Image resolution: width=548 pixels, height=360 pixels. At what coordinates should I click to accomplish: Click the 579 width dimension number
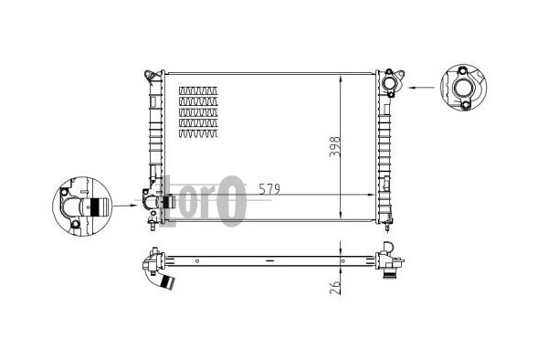coord(269,189)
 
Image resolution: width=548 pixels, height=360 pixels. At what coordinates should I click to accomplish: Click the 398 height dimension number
coord(335,147)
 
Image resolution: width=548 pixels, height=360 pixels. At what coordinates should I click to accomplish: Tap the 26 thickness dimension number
coord(335,287)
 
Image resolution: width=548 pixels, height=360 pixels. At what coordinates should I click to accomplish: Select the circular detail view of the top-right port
coord(463,88)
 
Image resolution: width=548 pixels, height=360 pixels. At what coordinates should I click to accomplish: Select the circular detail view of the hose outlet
coord(82,206)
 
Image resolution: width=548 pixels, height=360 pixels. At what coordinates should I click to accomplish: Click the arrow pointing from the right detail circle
coord(422,88)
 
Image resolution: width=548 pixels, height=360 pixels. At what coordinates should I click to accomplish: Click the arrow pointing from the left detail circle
coord(125,206)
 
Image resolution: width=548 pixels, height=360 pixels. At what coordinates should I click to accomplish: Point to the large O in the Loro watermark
coord(231,201)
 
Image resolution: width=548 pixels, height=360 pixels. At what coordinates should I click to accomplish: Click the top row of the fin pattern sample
coord(198,90)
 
